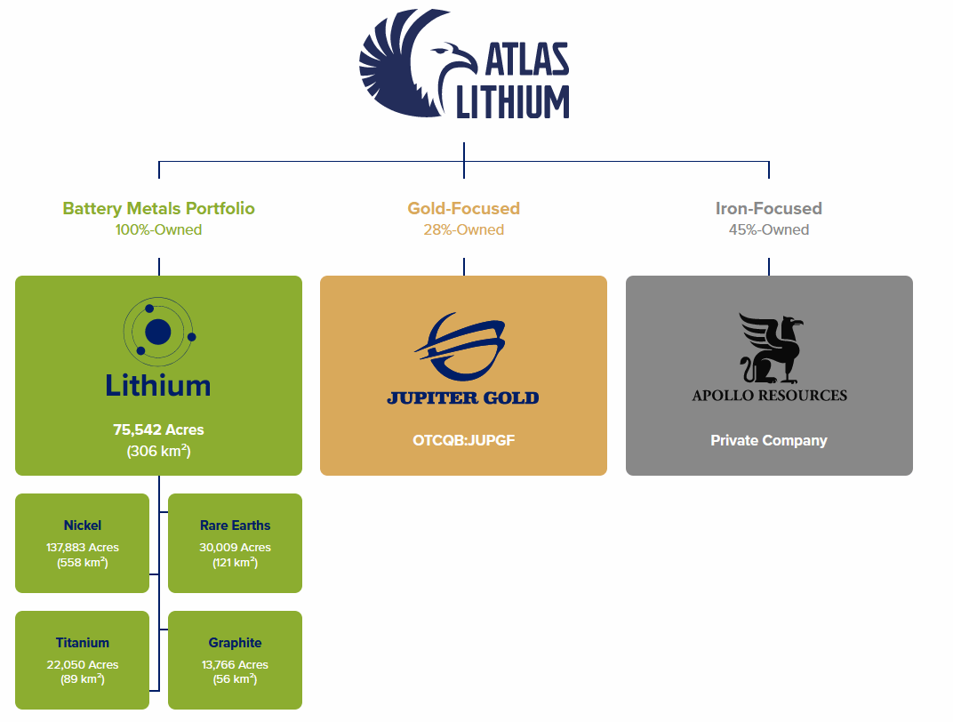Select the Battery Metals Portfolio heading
click(158, 209)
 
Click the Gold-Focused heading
click(463, 209)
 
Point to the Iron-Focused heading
click(768, 209)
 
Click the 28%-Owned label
click(463, 230)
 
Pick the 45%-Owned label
click(768, 230)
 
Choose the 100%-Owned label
click(158, 230)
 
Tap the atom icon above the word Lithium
click(158, 332)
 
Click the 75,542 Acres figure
click(158, 430)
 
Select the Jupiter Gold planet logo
click(463, 347)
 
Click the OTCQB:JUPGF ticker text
click(463, 440)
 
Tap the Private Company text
click(769, 440)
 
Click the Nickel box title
click(82, 525)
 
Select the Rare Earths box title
click(235, 525)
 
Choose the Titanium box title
click(82, 643)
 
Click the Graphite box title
click(235, 643)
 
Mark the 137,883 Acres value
click(82, 548)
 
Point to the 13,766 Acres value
click(235, 665)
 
